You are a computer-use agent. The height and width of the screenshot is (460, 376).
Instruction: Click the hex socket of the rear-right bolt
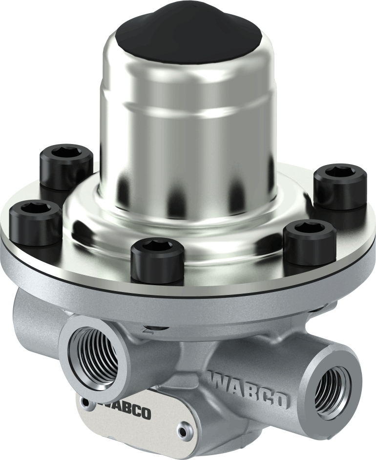(340, 172)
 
